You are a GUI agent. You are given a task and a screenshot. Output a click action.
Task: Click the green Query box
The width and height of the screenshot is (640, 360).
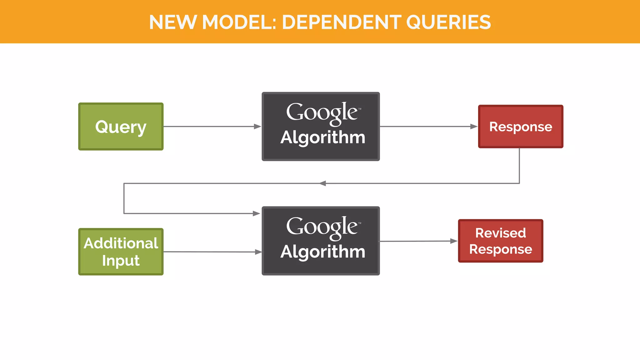(x=121, y=127)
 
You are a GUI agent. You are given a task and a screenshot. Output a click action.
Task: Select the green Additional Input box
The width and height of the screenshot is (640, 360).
(x=121, y=252)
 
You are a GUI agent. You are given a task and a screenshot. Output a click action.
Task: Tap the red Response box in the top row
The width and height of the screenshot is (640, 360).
(x=521, y=127)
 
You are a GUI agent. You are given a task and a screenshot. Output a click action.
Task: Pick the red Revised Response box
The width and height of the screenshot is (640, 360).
(x=501, y=241)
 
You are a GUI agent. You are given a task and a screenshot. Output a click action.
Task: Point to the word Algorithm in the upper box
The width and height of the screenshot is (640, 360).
(x=323, y=137)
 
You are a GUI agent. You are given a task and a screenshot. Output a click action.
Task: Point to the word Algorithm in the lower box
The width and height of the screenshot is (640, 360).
(x=323, y=252)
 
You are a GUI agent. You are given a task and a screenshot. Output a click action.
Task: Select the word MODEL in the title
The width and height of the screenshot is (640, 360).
(x=239, y=22)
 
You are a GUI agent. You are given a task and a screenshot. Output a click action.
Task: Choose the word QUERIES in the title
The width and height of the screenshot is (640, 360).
(x=448, y=22)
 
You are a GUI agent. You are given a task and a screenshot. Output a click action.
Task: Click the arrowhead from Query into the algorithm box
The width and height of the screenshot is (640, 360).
(x=257, y=127)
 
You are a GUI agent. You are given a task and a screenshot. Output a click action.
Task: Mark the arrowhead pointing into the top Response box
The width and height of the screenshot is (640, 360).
(x=474, y=127)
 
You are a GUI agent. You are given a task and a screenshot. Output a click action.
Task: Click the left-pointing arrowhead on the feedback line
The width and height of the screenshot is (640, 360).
(x=322, y=183)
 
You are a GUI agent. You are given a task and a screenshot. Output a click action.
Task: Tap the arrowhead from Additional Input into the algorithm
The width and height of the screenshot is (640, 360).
(x=258, y=252)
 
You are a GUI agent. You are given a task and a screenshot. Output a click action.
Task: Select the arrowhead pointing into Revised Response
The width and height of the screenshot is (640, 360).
(x=454, y=241)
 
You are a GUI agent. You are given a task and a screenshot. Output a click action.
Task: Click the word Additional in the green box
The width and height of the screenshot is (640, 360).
(x=121, y=243)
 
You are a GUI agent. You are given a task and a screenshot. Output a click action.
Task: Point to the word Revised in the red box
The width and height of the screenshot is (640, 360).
(x=501, y=233)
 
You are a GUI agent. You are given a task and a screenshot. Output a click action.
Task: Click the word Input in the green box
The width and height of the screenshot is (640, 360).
(x=121, y=261)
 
